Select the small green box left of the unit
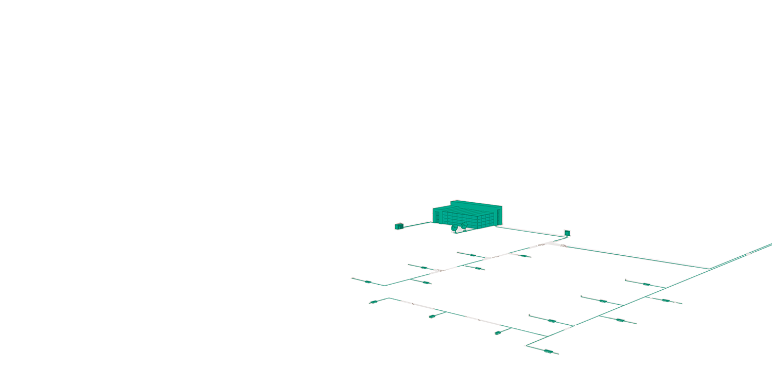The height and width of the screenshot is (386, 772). [x=398, y=226]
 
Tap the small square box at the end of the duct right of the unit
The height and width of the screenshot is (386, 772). [x=567, y=233]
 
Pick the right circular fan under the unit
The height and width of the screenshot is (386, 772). [x=464, y=225]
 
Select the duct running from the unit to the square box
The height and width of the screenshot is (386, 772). [x=530, y=230]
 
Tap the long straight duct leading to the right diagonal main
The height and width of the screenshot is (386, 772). [x=633, y=256]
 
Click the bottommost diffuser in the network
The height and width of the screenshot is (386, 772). [x=549, y=352]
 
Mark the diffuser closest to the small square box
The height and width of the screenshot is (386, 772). [x=524, y=255]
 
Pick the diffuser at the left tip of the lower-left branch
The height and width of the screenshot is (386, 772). [x=373, y=302]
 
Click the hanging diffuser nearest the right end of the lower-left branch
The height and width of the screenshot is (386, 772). [x=498, y=333]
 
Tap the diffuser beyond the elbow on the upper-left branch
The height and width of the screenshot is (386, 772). [x=367, y=282]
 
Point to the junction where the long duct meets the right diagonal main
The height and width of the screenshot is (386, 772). [x=709, y=268]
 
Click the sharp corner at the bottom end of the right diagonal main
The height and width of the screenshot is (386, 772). [x=525, y=345]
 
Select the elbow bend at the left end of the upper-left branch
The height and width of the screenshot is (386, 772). [x=384, y=285]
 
